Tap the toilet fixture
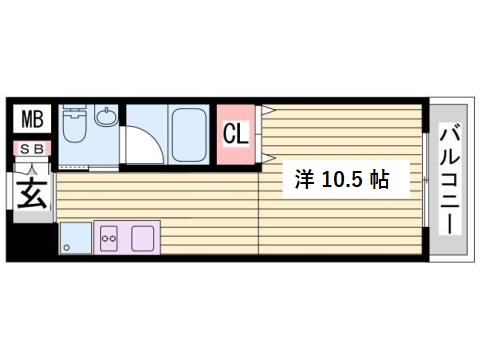click(x=73, y=128)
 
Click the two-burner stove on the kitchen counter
click(x=108, y=238)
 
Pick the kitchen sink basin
click(x=144, y=238)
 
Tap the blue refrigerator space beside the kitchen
click(x=74, y=239)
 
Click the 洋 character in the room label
click(x=303, y=181)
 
